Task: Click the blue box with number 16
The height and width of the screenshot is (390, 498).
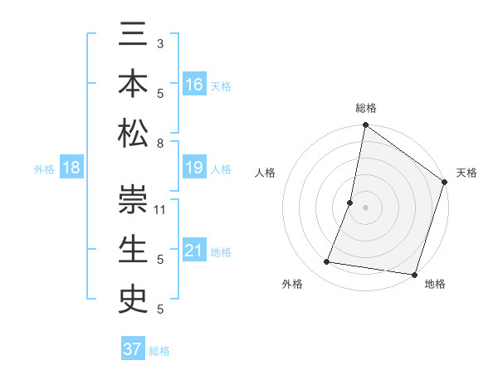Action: coord(194,84)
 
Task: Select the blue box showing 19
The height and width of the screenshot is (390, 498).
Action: coord(194,168)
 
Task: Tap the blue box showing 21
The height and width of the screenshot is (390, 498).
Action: coord(194,251)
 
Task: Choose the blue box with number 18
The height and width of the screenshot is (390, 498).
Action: coord(71,168)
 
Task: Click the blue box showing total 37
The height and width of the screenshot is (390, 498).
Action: coord(132,349)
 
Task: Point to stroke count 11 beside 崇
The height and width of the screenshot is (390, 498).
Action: coord(161,209)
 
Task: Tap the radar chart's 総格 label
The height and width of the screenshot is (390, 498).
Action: coord(365,109)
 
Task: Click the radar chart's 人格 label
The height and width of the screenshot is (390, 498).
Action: coord(266,173)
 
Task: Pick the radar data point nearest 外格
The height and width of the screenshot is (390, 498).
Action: coord(327,262)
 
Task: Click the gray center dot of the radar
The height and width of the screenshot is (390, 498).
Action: coord(365,207)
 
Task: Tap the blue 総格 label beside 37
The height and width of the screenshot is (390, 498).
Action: coord(159,351)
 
